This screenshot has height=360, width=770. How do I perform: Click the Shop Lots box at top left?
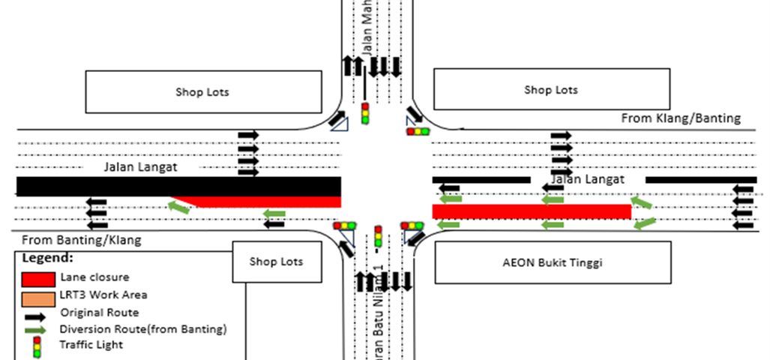pos(202,92)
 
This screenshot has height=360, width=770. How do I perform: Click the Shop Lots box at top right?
pos(551,90)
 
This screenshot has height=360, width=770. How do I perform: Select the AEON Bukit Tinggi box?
pos(553,262)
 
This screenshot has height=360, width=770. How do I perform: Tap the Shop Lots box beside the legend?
pos(277,262)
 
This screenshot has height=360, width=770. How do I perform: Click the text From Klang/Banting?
pos(681,118)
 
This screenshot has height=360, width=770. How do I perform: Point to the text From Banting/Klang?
pos(82,241)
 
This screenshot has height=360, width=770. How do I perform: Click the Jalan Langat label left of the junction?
pos(141,167)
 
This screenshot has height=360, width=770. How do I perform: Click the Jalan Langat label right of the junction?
pos(587,179)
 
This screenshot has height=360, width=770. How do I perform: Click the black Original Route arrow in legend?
pos(36,313)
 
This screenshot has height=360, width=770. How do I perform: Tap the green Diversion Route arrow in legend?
pos(36,328)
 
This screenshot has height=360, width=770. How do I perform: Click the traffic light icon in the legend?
pos(36,346)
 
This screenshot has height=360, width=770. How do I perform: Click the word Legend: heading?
pos(47,257)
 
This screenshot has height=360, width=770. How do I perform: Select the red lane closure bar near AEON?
pos(532,211)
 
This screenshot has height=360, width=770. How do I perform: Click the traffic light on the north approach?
pos(366,113)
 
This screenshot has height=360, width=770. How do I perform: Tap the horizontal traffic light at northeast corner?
pos(418,132)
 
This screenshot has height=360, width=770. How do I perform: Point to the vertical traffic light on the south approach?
pos(378,236)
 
